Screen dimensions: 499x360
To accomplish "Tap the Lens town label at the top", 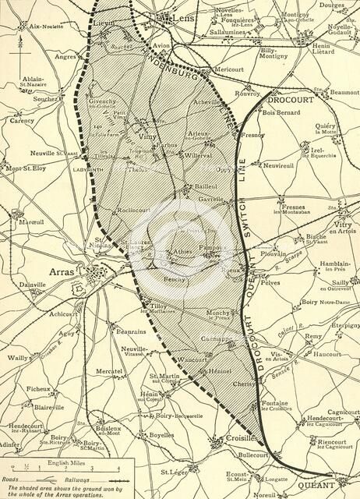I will [181, 16].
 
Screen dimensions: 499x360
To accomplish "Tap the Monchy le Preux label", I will [218, 316].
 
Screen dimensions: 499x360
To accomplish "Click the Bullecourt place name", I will [253, 454].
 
